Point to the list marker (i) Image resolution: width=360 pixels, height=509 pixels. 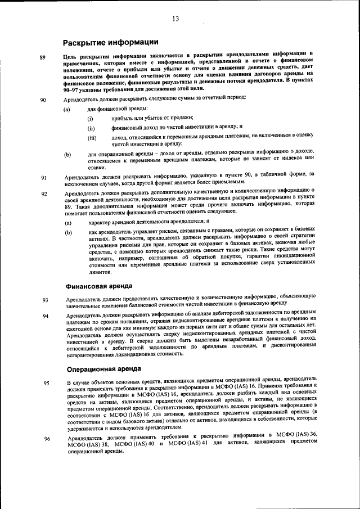pyautogui.click(x=90, y=119)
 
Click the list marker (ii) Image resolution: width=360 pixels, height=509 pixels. pyautogui.click(x=91, y=128)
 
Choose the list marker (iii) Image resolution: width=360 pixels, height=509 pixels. pyautogui.click(x=92, y=138)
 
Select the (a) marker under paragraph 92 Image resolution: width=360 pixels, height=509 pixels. pyautogui.click(x=68, y=222)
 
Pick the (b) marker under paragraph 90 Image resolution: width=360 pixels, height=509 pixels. pyautogui.click(x=67, y=154)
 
